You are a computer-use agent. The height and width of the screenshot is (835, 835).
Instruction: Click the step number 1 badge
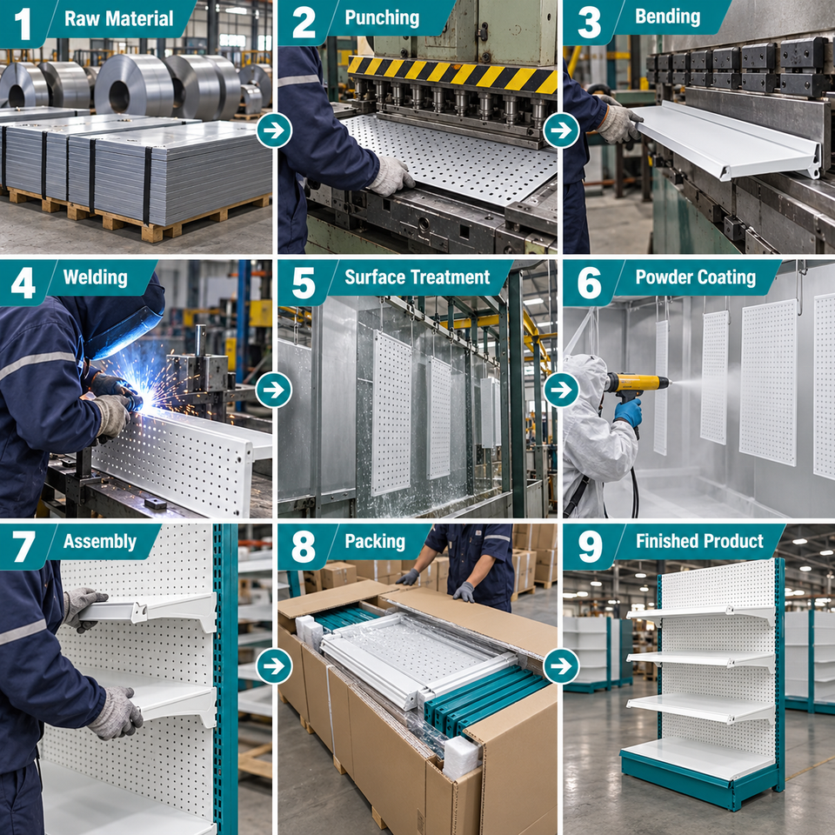(23, 23)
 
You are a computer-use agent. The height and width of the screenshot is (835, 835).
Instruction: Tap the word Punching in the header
(382, 17)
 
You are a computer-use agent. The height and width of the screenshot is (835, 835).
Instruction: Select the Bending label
(667, 17)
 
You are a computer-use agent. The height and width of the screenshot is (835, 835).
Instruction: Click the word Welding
(96, 277)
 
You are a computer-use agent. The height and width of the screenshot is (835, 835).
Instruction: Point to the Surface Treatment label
(417, 277)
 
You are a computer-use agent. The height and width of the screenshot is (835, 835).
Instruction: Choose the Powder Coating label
(696, 277)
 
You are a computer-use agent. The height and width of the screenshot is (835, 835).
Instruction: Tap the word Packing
(375, 542)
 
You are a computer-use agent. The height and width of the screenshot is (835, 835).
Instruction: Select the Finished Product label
(699, 542)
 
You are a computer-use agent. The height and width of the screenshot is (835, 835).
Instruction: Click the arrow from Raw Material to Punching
(274, 130)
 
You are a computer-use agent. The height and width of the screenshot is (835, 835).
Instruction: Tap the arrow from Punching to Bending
(561, 130)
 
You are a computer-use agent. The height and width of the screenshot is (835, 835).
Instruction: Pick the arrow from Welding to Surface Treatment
(274, 390)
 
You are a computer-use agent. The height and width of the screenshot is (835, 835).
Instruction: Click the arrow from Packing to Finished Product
(561, 665)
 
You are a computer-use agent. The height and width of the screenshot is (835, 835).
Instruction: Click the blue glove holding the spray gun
(628, 412)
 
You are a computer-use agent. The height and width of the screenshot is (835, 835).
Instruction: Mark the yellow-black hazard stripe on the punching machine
(452, 74)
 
